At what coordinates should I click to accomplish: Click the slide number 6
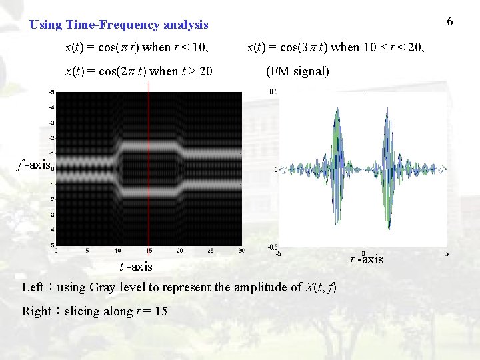[450, 22]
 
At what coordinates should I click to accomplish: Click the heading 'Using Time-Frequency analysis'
[119, 25]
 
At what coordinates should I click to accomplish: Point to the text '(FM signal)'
[297, 71]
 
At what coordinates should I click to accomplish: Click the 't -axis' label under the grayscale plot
[136, 267]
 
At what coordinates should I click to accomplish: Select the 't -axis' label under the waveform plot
[367, 259]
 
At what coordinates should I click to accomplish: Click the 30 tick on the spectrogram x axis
[241, 251]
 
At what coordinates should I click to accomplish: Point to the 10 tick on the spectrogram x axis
[118, 251]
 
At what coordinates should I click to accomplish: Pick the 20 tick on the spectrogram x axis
[180, 251]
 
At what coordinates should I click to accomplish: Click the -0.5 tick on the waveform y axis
[272, 247]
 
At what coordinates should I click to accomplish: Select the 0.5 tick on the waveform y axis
[273, 92]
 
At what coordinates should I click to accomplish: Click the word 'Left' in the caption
[33, 287]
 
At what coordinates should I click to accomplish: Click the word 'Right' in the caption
[37, 311]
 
